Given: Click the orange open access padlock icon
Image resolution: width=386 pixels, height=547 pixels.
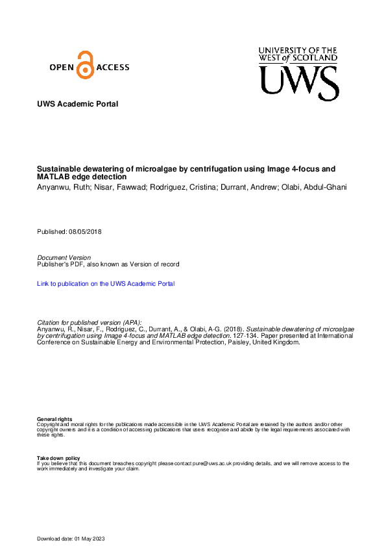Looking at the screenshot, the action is [x=85, y=65].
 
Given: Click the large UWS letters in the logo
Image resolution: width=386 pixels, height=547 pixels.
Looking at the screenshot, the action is [x=299, y=83].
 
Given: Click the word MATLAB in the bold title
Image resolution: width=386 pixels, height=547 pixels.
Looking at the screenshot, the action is [x=56, y=177].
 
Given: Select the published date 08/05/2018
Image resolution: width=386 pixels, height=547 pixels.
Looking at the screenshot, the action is [x=85, y=232].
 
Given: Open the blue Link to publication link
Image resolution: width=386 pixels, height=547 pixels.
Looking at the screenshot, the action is [x=106, y=284].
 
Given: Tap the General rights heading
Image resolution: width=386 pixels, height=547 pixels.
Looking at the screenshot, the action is [x=54, y=420].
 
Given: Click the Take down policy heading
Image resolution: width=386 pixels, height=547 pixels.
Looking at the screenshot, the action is [x=58, y=458].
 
